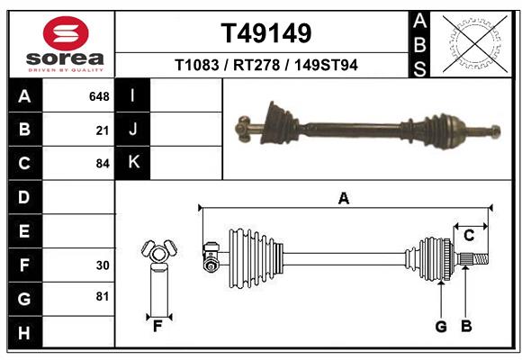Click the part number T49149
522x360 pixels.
pos(265,34)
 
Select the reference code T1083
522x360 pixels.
pos(200,66)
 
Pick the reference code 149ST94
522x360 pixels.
pos(326,66)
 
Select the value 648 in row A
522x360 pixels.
pos(99,96)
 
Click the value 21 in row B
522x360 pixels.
pos(102,130)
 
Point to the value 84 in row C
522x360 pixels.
pos(102,164)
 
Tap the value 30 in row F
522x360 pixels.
pos(102,265)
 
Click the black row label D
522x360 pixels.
pos(24,196)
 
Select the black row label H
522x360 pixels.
pos(24,333)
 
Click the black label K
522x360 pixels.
pos(133,162)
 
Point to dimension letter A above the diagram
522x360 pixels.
pos(343,199)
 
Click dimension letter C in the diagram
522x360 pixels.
pos(469,236)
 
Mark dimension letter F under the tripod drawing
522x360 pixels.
pos(157,325)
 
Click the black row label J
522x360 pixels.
pos(133,129)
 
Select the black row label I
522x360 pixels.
pos(133,95)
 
